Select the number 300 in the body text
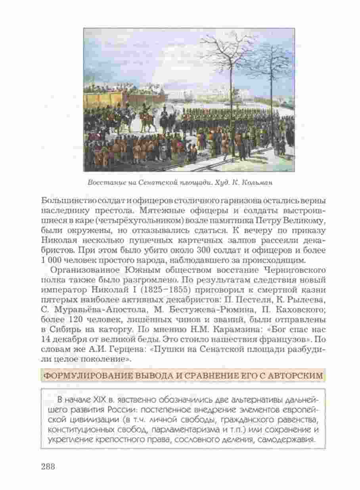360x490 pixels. click(x=203, y=250)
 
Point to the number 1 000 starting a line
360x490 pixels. click(x=50, y=260)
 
